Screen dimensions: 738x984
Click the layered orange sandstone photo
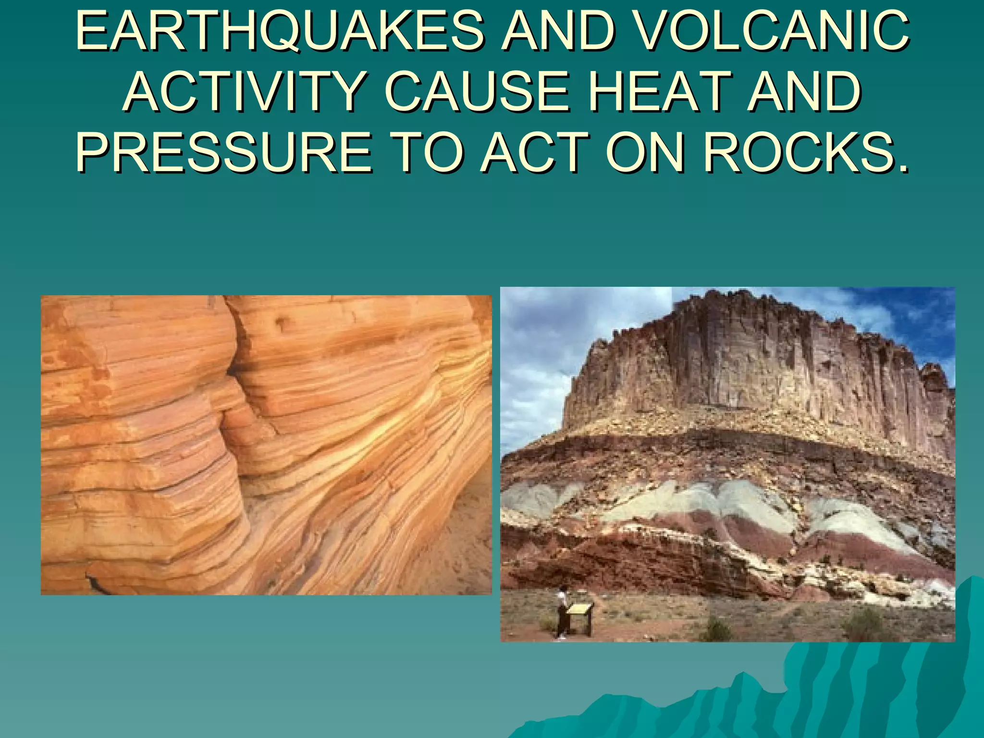pos(266,445)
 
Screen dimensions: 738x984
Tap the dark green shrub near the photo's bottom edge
pos(716,629)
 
